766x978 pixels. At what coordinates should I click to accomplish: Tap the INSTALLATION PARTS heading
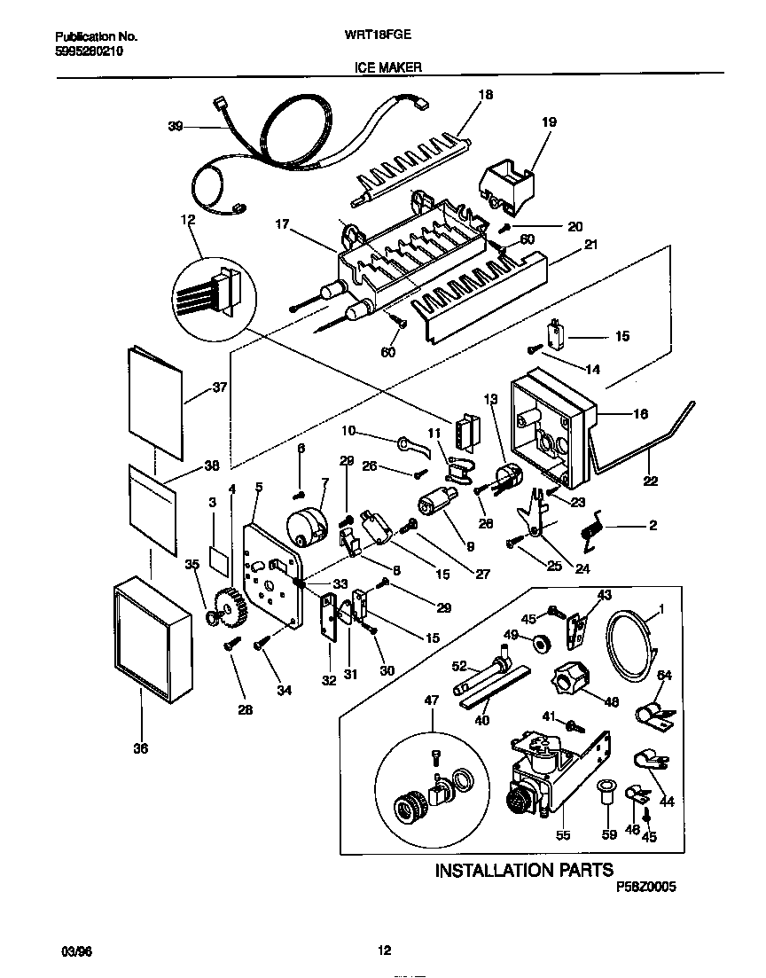coord(523,870)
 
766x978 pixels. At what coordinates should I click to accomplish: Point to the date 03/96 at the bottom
coord(76,951)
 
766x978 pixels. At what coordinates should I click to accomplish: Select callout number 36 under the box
coord(140,748)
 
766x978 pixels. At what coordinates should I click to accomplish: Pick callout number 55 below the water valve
coord(563,834)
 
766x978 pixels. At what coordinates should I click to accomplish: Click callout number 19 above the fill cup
coord(549,122)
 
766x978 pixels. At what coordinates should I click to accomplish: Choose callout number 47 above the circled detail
coord(432,700)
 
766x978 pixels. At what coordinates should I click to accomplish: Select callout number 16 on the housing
coord(639,414)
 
